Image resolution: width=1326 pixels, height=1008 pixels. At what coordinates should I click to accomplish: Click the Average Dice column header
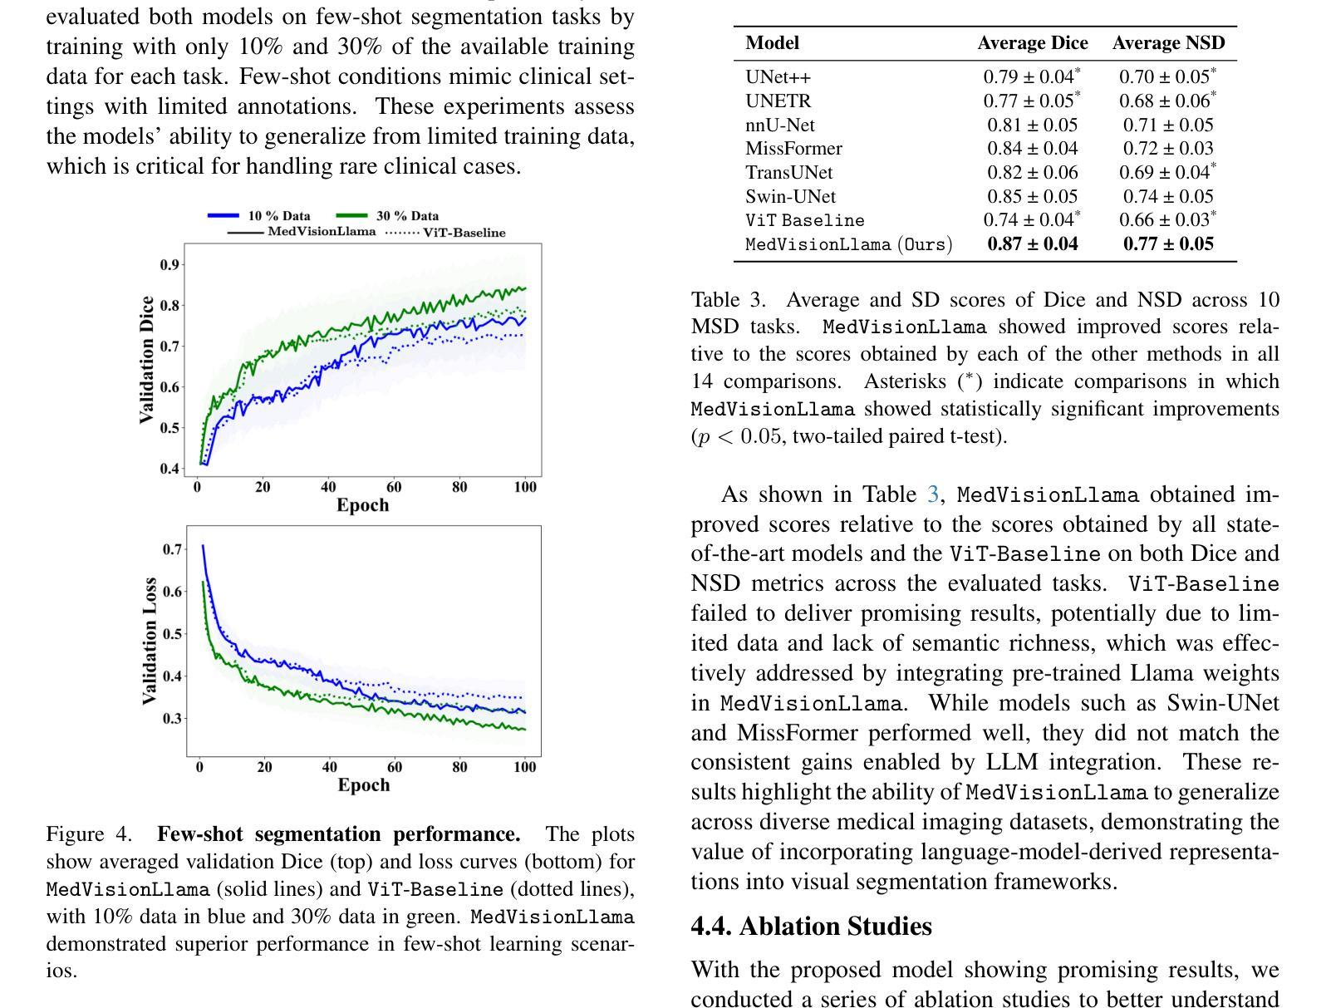(x=1033, y=43)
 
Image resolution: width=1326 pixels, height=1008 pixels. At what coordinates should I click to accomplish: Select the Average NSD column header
(x=1168, y=43)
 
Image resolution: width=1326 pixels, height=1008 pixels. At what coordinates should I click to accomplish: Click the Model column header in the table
(x=772, y=43)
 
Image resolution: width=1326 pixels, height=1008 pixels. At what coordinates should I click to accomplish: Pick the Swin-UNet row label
(x=790, y=196)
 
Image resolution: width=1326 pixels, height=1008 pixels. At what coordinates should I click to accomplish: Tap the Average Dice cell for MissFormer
(x=1033, y=149)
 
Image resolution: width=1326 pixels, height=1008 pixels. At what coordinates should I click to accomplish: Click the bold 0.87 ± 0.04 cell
(x=1033, y=244)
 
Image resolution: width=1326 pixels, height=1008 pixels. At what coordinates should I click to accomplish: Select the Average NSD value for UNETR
(x=1167, y=101)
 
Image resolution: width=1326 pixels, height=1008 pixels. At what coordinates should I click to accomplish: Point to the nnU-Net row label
(x=780, y=125)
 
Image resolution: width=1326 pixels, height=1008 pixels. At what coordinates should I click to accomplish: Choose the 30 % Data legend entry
(x=387, y=215)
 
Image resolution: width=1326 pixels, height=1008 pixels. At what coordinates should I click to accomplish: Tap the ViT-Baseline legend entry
(x=445, y=233)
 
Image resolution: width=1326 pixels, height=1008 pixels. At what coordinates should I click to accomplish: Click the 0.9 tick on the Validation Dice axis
(x=169, y=264)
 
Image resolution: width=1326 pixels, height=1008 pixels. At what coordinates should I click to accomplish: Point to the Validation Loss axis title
(x=150, y=642)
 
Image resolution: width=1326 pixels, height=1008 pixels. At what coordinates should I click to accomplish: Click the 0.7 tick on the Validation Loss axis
(x=172, y=549)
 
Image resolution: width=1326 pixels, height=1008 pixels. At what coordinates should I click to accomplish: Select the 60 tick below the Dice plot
(x=394, y=487)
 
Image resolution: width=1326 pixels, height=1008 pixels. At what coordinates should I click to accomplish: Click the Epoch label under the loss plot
(x=364, y=784)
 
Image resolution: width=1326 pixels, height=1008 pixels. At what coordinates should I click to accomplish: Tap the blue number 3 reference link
(x=933, y=494)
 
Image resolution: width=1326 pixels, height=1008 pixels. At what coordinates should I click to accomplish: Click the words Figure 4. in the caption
(x=89, y=834)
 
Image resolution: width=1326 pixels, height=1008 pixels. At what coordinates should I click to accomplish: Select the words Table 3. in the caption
(x=728, y=300)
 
